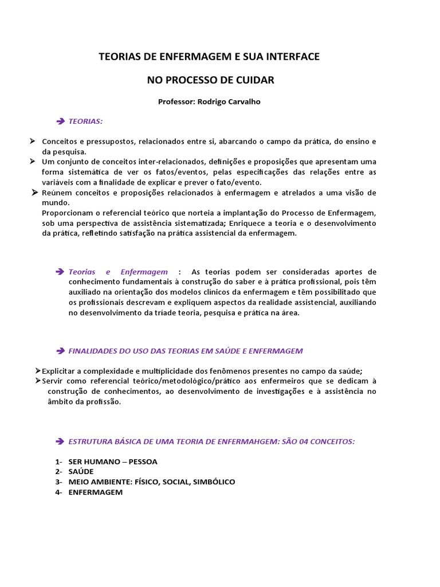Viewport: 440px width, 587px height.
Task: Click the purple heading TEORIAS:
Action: click(85, 122)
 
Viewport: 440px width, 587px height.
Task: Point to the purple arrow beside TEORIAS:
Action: click(61, 122)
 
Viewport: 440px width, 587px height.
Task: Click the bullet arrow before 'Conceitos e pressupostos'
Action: click(33, 141)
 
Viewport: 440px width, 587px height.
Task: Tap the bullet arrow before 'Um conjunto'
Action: click(33, 162)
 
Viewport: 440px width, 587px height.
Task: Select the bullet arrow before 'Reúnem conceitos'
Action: click(36, 193)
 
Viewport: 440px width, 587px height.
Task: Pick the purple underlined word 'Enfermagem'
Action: click(144, 272)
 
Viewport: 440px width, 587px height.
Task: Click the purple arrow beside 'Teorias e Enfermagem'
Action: click(61, 272)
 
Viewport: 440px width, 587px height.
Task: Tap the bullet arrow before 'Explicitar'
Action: click(37, 370)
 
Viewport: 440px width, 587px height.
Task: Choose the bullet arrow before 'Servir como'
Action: click(37, 381)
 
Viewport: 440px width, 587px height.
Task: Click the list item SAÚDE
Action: click(81, 472)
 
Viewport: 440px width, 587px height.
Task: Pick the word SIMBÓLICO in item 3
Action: click(214, 482)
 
